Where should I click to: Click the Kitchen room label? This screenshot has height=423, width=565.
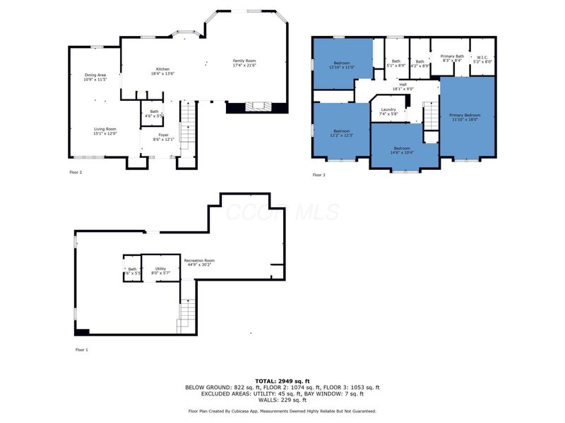(x=163, y=69)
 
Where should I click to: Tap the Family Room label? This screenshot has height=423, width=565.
(x=245, y=61)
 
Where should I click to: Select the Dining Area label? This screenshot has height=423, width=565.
(x=95, y=75)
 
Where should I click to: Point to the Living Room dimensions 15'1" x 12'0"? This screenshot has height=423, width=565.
(x=105, y=133)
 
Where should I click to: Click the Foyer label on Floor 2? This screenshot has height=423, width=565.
(x=163, y=135)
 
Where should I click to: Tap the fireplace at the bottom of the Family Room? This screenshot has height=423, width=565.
(x=256, y=107)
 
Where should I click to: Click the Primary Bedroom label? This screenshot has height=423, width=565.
(x=465, y=115)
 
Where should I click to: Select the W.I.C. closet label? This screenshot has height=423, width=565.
(x=483, y=57)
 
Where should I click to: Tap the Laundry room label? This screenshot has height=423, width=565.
(x=388, y=109)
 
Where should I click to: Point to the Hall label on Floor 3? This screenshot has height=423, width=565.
(x=402, y=85)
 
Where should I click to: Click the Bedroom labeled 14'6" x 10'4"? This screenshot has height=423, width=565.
(x=405, y=148)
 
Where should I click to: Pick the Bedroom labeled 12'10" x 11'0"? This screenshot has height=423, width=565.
(x=343, y=63)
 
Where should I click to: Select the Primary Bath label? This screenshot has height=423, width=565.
(x=452, y=56)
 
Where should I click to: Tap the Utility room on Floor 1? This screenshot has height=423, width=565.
(x=160, y=269)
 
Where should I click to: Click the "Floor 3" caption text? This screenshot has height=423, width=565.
(x=319, y=174)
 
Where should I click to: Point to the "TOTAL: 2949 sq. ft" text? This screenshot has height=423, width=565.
(x=282, y=381)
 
